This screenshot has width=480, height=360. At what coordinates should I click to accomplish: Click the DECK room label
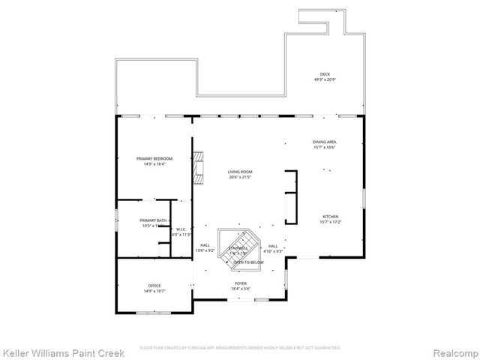[325, 73]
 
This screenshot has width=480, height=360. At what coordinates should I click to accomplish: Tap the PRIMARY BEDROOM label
[154, 158]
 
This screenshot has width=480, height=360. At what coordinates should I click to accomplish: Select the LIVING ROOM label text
[240, 172]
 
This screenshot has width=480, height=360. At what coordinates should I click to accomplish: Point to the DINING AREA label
[324, 142]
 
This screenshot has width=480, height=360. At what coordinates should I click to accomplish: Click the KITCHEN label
[330, 216]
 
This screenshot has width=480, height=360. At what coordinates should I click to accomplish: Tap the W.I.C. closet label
[181, 229]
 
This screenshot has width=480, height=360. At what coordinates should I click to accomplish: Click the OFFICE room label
[154, 286]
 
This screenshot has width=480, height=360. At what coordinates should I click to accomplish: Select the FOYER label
[240, 283]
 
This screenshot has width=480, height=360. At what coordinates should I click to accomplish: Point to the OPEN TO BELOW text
[248, 262]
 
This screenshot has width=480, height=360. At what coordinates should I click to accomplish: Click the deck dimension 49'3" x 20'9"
[325, 79]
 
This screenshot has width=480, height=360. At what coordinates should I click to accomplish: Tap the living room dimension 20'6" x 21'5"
[240, 178]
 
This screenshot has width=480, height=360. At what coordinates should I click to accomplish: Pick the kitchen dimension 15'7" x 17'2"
[330, 222]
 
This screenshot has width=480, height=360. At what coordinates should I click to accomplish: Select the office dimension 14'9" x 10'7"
[154, 292]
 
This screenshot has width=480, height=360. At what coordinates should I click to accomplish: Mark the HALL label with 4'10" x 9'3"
[273, 246]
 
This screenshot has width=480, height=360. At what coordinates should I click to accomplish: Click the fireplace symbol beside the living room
[198, 168]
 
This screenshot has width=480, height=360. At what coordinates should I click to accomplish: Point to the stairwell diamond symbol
[238, 250]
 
